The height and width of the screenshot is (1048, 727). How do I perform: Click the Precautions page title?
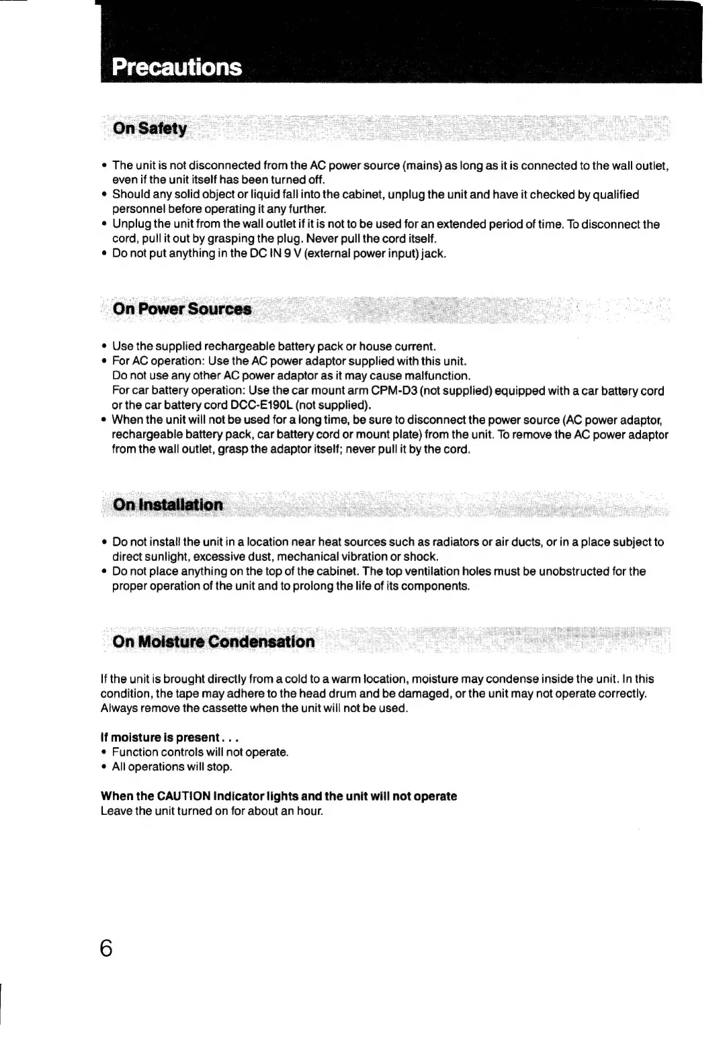tap(177, 67)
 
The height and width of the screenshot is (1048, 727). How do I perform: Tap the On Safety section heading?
tap(150, 128)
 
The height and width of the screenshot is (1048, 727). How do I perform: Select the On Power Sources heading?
tap(182, 309)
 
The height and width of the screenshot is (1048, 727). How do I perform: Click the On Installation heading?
tap(168, 505)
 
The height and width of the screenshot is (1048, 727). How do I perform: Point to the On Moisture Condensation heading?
tap(214, 642)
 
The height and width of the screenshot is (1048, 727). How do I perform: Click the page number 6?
tap(106, 948)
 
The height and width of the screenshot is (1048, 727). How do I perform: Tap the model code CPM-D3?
tap(393, 391)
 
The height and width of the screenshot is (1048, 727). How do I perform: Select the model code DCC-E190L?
tap(261, 406)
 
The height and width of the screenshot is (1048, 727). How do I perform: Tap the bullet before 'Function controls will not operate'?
tap(104, 752)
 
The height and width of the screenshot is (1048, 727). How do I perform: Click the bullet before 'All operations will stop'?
tap(104, 767)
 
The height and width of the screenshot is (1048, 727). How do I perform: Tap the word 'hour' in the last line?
tap(309, 811)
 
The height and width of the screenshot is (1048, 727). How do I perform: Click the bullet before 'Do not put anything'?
tap(104, 254)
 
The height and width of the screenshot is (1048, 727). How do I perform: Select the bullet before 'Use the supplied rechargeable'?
tap(104, 347)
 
